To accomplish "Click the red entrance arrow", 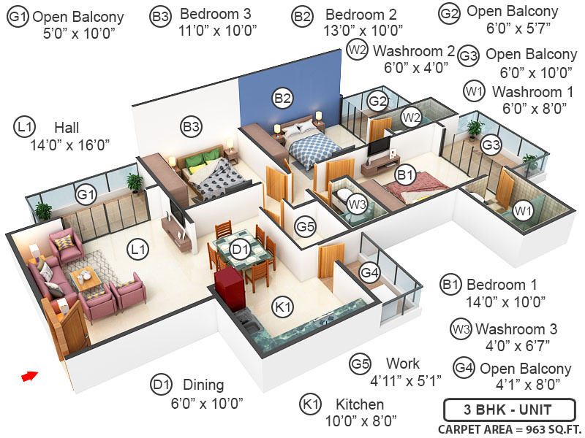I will pyautogui.click(x=29, y=376).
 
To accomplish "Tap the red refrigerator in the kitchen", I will pyautogui.click(x=227, y=290).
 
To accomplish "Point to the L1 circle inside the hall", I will pyautogui.click(x=137, y=250).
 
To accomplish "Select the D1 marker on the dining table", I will pyautogui.click(x=241, y=250).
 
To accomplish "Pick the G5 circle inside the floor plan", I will pyautogui.click(x=306, y=227).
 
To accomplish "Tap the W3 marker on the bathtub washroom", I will pyautogui.click(x=356, y=204).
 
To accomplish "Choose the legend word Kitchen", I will pyautogui.click(x=361, y=404).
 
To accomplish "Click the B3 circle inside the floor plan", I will pyautogui.click(x=191, y=127).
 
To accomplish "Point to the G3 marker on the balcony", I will pyautogui.click(x=491, y=145).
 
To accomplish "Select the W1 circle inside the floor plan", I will pyautogui.click(x=522, y=212).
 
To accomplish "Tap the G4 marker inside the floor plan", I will pyautogui.click(x=371, y=274).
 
